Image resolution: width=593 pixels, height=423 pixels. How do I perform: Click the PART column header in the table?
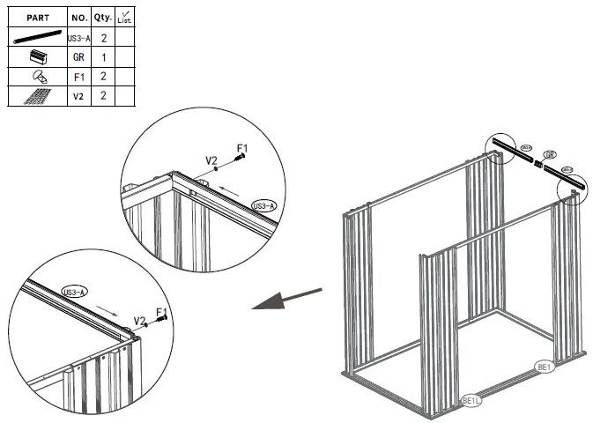(37, 17)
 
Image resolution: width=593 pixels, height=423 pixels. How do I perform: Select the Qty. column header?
(103, 17)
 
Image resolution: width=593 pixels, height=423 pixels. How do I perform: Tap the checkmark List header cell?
(124, 17)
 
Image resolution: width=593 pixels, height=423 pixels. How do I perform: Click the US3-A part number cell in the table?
(78, 39)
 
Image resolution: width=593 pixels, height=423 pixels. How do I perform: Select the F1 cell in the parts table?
(78, 77)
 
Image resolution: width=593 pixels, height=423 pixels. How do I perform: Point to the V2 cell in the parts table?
(78, 95)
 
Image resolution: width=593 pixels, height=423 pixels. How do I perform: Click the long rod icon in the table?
(37, 39)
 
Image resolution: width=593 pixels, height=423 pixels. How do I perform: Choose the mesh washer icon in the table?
(37, 96)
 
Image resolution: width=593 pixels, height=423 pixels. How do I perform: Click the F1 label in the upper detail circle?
(241, 147)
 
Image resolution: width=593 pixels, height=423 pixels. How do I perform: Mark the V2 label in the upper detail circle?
(211, 160)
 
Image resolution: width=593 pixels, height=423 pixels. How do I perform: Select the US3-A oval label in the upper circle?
(263, 205)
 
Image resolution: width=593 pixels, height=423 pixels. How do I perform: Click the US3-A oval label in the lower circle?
(74, 292)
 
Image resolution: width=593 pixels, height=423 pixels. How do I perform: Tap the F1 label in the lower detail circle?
(161, 311)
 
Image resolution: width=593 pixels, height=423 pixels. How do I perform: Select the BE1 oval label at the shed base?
(544, 366)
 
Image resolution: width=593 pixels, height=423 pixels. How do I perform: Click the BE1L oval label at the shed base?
(473, 401)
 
